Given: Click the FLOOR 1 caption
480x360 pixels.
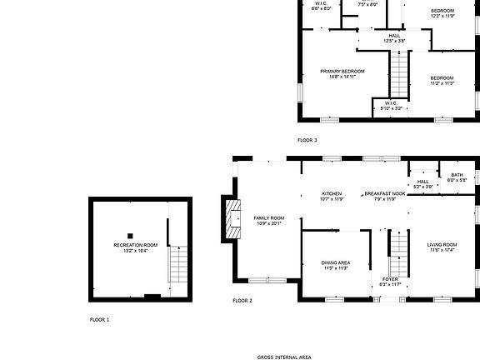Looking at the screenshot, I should [99, 319].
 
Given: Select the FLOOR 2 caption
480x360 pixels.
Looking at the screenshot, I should [242, 300].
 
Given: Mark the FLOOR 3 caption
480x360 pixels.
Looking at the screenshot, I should [307, 140].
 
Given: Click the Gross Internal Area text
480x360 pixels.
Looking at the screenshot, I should [284, 356].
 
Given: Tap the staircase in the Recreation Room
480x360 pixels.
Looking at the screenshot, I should [177, 264].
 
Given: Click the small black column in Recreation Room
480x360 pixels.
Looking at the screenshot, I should [130, 235].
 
